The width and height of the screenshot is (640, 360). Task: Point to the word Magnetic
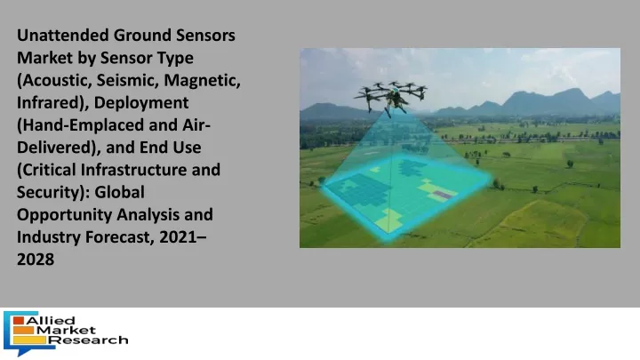[202, 80]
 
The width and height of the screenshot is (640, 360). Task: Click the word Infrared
[50, 102]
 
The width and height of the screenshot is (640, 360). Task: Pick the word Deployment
[141, 103]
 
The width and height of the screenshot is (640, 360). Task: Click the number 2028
[36, 260]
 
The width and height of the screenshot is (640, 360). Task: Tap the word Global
[120, 192]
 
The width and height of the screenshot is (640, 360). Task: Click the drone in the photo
[390, 96]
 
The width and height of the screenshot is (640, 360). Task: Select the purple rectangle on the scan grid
[443, 195]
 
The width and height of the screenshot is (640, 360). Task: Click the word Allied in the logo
[50, 320]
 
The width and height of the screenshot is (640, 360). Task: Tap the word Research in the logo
[91, 340]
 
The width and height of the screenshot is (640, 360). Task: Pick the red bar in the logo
[19, 320]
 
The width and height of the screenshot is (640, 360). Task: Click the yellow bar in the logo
[29, 340]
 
